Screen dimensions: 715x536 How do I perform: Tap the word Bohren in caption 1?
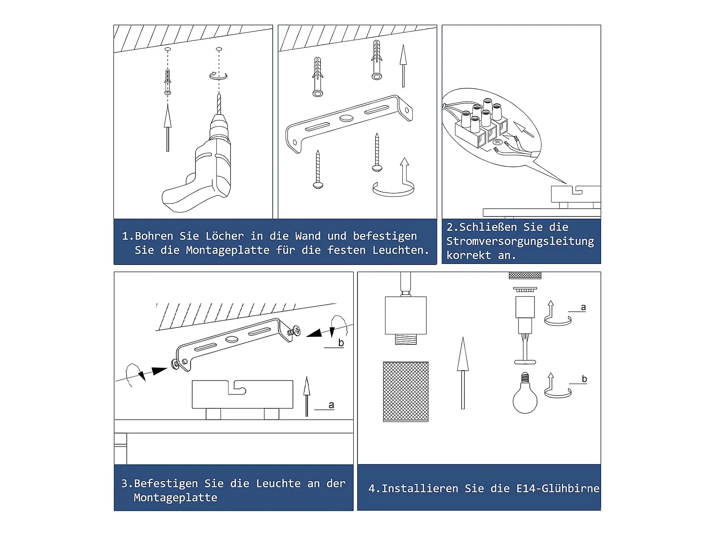[x=154, y=236]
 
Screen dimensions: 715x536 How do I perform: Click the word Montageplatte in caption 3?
[x=175, y=497]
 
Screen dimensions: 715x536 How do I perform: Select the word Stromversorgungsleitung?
[x=520, y=242]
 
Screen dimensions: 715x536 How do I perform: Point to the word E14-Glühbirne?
[x=558, y=488]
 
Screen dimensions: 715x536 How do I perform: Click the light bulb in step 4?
[x=525, y=393]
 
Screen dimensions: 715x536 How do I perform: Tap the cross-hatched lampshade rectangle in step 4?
[x=406, y=392]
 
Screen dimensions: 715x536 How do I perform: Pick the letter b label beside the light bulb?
[x=584, y=379]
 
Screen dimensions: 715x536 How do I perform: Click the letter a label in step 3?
[x=331, y=405]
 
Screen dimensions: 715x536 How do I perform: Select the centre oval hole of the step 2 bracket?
[x=346, y=118]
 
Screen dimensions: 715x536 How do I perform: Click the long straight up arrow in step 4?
[x=462, y=373]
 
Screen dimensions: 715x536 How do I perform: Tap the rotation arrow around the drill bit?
[x=218, y=76]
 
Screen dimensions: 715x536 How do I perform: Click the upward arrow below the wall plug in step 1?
[x=167, y=128]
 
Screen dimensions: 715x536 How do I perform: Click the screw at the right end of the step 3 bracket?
[x=294, y=331]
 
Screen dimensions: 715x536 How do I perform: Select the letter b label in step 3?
[x=341, y=343]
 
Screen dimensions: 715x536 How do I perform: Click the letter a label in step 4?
[x=583, y=307]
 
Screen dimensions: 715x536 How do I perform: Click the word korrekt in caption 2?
[x=469, y=255]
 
